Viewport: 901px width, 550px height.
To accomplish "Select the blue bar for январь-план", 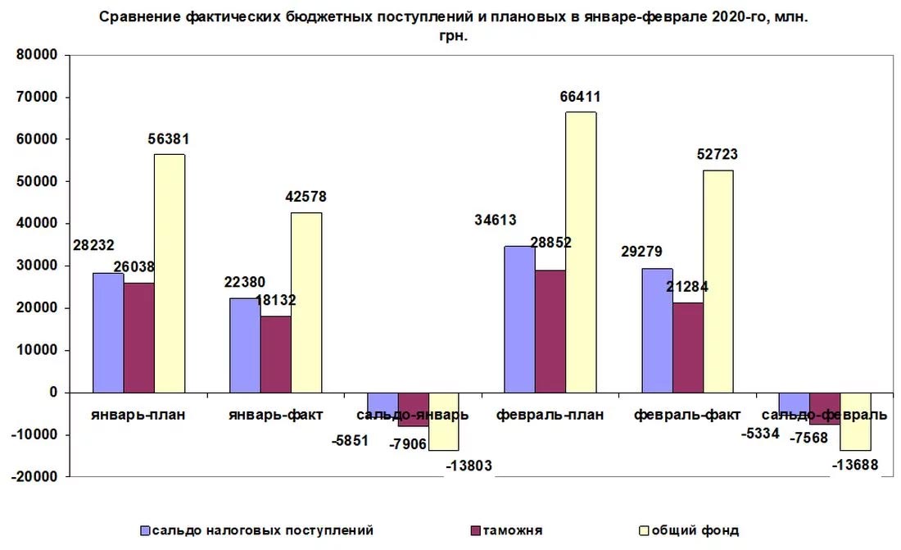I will tap(108, 332).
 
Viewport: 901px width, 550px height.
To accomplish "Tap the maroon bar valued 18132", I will tap(276, 353).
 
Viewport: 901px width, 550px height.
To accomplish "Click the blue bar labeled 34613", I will tap(519, 319).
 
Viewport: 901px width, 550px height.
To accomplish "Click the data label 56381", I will tap(170, 139).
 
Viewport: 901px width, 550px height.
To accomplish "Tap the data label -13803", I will tap(470, 466).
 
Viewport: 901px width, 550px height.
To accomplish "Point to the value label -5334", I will tap(761, 432).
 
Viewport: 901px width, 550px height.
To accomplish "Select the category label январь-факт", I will tap(276, 414).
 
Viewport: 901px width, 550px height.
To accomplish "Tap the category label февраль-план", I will tap(550, 414).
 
